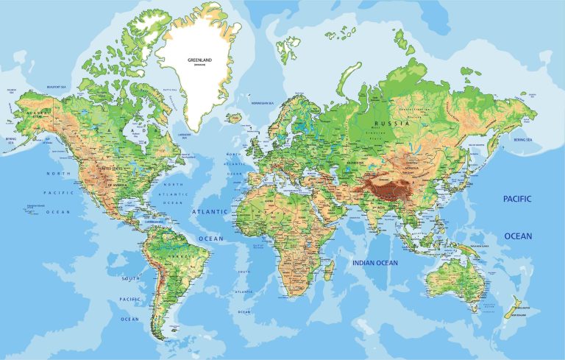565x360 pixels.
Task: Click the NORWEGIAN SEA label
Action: click(x=261, y=103)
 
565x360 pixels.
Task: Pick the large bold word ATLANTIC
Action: click(x=210, y=211)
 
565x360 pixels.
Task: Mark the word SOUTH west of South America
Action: click(x=130, y=279)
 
